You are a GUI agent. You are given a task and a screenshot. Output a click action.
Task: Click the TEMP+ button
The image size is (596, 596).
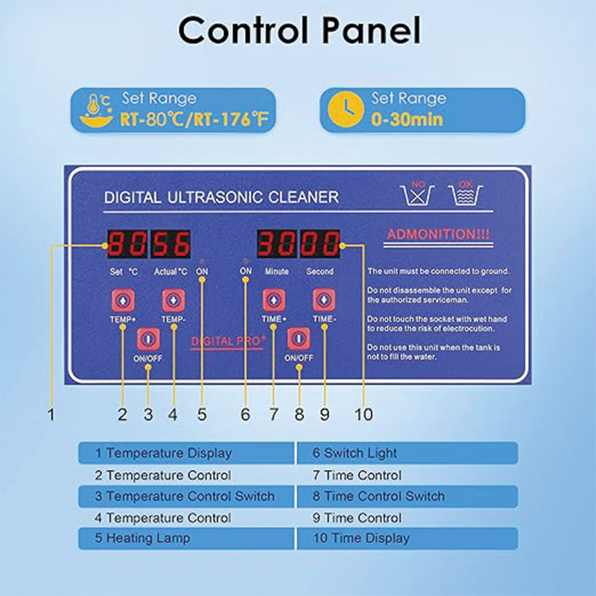click(122, 299)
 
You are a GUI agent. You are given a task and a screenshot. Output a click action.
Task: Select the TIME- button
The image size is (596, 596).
click(324, 299)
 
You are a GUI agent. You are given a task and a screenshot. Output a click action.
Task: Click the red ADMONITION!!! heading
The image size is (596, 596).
click(438, 235)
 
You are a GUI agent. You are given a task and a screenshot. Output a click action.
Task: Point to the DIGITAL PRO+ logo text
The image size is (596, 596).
click(229, 340)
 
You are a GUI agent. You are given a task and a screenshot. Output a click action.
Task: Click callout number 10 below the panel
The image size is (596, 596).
click(364, 414)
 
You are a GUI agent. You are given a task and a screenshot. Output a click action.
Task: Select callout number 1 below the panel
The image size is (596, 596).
click(51, 414)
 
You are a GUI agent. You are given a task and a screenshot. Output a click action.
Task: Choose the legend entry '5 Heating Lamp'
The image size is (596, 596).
click(142, 538)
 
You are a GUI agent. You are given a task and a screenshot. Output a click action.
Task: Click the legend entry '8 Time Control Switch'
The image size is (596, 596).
click(384, 496)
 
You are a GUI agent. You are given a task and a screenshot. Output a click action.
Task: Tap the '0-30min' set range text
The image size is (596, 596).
click(407, 119)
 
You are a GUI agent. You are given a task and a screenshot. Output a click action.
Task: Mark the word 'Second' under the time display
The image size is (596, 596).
click(320, 272)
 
